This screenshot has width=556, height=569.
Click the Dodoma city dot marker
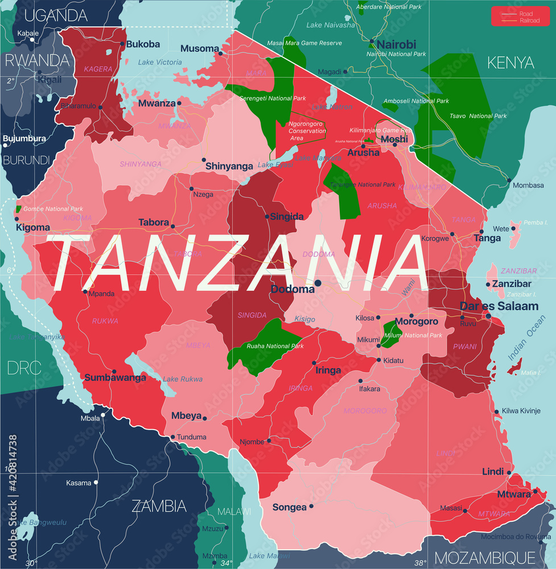tap(318, 283)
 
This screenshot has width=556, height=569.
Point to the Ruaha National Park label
tap(275, 346)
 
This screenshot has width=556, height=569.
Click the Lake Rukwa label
tap(183, 379)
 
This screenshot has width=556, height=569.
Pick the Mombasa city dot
tap(509, 180)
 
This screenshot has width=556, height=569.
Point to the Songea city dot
tap(311, 506)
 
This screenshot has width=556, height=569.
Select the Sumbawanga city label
tap(115, 377)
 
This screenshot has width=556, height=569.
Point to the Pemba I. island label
tap(533, 222)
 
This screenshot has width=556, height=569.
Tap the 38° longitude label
tap(420, 563)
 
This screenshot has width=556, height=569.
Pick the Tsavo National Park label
tap(477, 116)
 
